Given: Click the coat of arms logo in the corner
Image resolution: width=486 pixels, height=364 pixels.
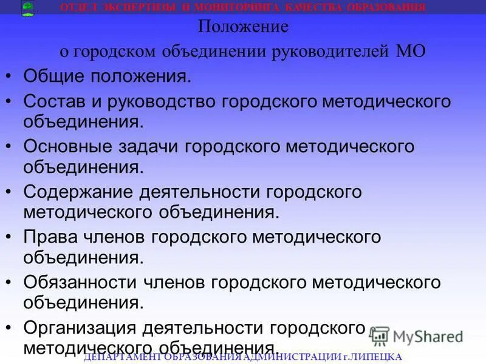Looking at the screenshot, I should [27, 8].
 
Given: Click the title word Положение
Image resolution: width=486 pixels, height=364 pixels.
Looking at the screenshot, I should [243, 27].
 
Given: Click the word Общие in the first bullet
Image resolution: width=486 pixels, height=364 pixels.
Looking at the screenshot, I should [55, 77].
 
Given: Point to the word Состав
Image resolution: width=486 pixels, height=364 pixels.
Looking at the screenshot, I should [56, 101].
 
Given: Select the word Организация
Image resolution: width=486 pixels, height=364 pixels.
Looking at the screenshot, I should [80, 328].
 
